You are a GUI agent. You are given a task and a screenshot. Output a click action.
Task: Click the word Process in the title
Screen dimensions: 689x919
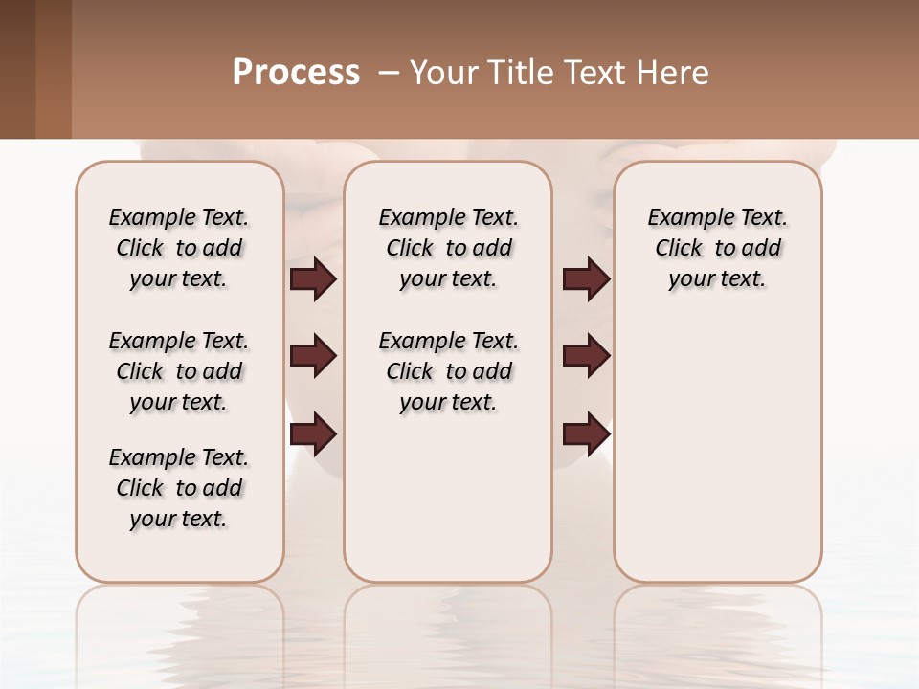click(x=296, y=73)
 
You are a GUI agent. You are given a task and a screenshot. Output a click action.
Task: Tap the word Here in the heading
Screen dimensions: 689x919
click(x=673, y=73)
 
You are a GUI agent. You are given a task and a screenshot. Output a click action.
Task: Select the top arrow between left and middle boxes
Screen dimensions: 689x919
click(x=313, y=278)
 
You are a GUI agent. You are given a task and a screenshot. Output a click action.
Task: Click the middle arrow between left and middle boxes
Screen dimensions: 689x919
click(x=313, y=356)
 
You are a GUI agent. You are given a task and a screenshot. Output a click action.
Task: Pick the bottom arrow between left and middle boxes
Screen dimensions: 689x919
click(x=313, y=434)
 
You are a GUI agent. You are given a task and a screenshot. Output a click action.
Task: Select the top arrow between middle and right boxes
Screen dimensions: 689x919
click(x=586, y=278)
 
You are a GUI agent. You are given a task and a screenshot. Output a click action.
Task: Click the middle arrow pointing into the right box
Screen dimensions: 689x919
click(x=586, y=356)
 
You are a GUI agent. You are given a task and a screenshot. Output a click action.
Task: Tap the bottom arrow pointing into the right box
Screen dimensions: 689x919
click(x=586, y=434)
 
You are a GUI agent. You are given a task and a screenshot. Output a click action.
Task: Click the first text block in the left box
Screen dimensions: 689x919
click(x=179, y=248)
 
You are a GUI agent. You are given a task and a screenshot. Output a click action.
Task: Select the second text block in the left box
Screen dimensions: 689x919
click(x=179, y=371)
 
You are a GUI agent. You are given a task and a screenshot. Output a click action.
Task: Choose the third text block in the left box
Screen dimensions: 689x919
click(x=179, y=488)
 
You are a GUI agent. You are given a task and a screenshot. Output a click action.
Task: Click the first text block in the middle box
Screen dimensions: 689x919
click(x=448, y=248)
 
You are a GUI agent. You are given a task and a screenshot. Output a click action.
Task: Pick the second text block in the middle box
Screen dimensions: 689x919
click(x=448, y=371)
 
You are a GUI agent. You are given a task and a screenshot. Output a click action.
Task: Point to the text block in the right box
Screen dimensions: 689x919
click(x=718, y=248)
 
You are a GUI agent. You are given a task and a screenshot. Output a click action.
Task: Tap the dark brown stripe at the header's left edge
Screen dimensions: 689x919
click(x=17, y=69)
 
